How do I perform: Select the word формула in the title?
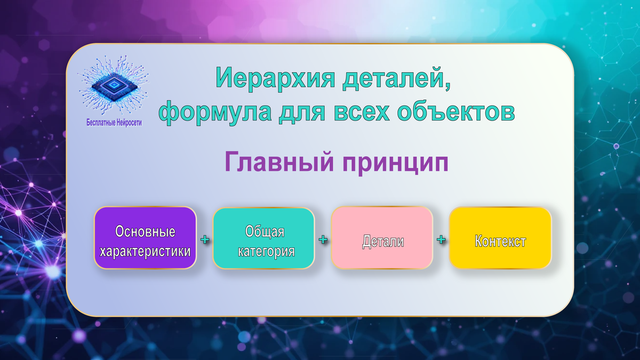[x=215, y=111]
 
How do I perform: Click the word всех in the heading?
[x=362, y=111]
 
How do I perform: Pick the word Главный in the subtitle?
[x=279, y=162]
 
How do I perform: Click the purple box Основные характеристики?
[x=145, y=238]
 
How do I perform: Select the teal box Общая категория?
[x=263, y=238]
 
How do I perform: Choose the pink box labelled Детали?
[x=382, y=238]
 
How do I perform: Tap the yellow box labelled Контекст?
[x=500, y=238]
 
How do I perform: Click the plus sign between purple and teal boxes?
[x=205, y=239]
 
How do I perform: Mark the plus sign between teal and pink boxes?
[x=323, y=239]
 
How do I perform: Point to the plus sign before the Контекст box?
[x=441, y=239]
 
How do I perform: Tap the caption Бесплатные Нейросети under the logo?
[x=114, y=123]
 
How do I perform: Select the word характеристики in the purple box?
[x=145, y=251]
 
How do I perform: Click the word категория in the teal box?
[x=266, y=251]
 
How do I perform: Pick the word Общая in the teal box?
[x=265, y=231]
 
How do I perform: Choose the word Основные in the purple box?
[x=145, y=231]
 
